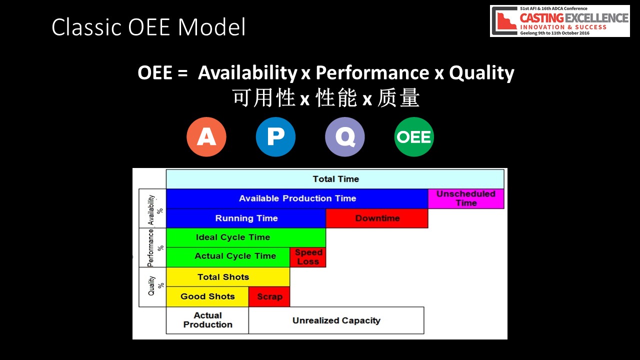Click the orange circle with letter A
[x=206, y=137]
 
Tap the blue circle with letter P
[x=275, y=137]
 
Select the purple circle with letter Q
[x=345, y=137]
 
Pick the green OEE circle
[x=414, y=137]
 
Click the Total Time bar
[x=335, y=179]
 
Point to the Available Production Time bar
[x=297, y=198]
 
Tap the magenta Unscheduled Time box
[x=466, y=198]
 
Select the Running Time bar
[x=246, y=218]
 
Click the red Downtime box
[x=377, y=218]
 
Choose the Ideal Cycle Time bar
[x=246, y=237]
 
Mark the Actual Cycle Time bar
[x=228, y=257]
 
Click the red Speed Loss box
[x=308, y=257]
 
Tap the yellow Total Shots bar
[x=228, y=277]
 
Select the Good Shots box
[x=207, y=296]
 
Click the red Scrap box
[x=269, y=296]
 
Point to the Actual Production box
[x=207, y=320]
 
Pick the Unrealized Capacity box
[x=336, y=320]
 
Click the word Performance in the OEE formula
[x=372, y=72]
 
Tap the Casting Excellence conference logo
[x=560, y=21]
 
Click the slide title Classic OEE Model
[x=148, y=27]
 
